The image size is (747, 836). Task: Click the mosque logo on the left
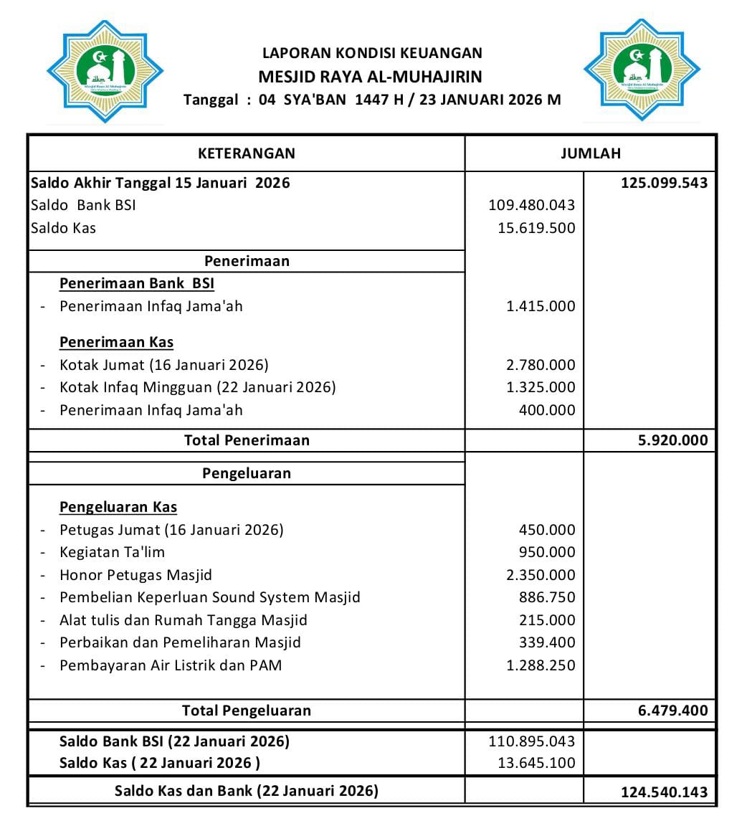(x=105, y=72)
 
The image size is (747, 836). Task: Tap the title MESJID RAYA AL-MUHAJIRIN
(x=370, y=77)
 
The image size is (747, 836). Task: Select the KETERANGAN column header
(x=246, y=153)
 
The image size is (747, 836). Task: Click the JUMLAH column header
(x=590, y=153)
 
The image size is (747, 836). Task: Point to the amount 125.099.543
(x=664, y=182)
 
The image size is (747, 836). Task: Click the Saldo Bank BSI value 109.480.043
(x=531, y=205)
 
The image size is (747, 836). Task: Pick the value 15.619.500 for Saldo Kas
(x=536, y=228)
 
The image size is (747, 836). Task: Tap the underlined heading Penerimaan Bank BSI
(x=136, y=283)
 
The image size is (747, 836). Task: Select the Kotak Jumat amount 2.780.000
(x=540, y=365)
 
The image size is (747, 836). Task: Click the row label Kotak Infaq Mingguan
(x=197, y=387)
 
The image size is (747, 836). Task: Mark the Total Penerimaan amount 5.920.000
(x=672, y=440)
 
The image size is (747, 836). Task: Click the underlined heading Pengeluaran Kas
(x=118, y=507)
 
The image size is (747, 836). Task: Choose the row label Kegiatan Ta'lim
(x=112, y=552)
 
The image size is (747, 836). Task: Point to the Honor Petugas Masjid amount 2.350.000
(x=540, y=575)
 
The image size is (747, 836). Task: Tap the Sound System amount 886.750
(x=546, y=597)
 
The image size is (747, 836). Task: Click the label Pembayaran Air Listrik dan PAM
(x=171, y=665)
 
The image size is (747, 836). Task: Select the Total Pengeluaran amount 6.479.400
(x=672, y=711)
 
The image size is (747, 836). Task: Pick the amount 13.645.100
(x=536, y=763)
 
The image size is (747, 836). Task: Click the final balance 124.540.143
(x=664, y=792)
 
